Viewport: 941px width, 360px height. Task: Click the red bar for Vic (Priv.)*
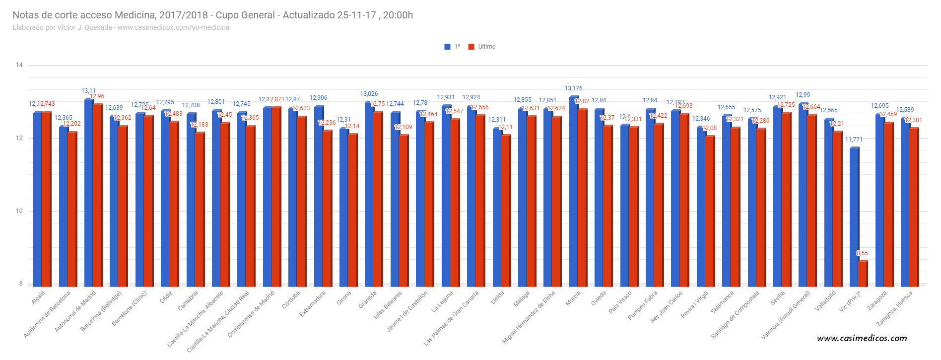(863, 274)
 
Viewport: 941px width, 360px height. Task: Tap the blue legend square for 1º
(447, 47)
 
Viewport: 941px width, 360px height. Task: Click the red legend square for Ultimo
(471, 47)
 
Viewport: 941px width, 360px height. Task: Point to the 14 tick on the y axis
(19, 65)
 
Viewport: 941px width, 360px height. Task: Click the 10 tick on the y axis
(19, 211)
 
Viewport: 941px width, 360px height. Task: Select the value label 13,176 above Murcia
(573, 88)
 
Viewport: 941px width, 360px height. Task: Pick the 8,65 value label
(862, 253)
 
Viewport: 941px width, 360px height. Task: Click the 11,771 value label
(854, 140)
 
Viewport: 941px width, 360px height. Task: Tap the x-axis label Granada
(368, 300)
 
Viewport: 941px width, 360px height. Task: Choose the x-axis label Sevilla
(778, 298)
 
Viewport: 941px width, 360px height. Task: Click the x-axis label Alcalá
(38, 298)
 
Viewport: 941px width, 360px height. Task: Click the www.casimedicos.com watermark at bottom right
(862, 339)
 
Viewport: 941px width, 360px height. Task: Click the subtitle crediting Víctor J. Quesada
(121, 27)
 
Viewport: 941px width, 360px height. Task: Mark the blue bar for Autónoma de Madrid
(88, 194)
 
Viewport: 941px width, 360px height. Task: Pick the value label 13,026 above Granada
(369, 94)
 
